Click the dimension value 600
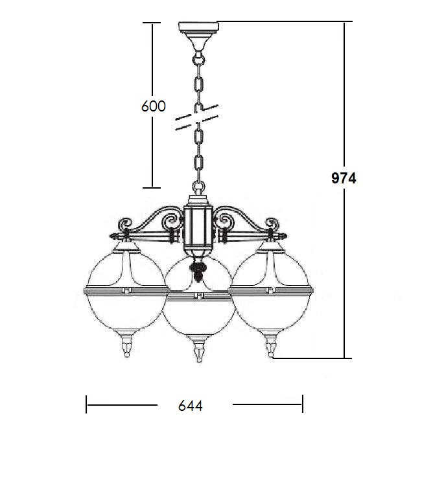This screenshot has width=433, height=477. point(154,106)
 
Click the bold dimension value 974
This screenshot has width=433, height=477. point(344,178)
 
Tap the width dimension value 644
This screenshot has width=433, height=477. point(191,406)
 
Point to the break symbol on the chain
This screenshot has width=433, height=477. point(197,117)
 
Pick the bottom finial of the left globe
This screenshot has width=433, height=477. point(126,345)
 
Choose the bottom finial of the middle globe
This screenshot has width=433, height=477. point(198,350)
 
